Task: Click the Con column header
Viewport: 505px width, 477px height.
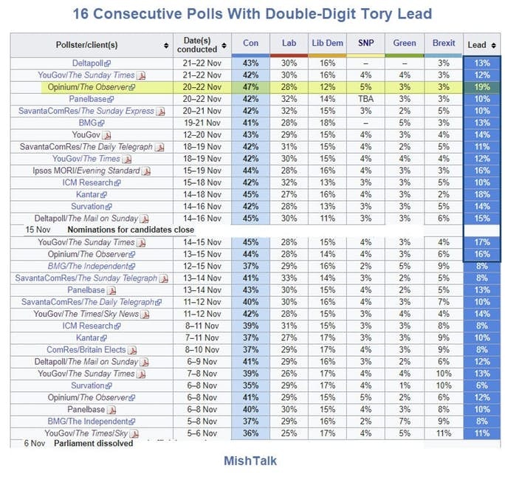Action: coord(251,43)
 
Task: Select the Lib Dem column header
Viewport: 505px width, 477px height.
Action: coord(327,43)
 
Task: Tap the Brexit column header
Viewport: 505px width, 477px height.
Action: coord(444,43)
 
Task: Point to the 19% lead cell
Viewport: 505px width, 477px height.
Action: coord(482,87)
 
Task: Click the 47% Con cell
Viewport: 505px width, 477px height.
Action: coord(250,87)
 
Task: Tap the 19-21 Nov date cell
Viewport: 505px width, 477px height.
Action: coord(202,123)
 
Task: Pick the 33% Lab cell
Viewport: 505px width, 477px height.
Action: coord(289,278)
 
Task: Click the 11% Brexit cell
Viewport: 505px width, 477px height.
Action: coord(444,433)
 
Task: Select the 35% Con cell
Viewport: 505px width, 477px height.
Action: coord(250,385)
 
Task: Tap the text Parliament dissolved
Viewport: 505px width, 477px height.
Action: coord(93,444)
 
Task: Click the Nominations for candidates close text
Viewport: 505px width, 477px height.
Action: coord(128,230)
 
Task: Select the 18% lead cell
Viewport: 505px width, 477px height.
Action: coord(482,195)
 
